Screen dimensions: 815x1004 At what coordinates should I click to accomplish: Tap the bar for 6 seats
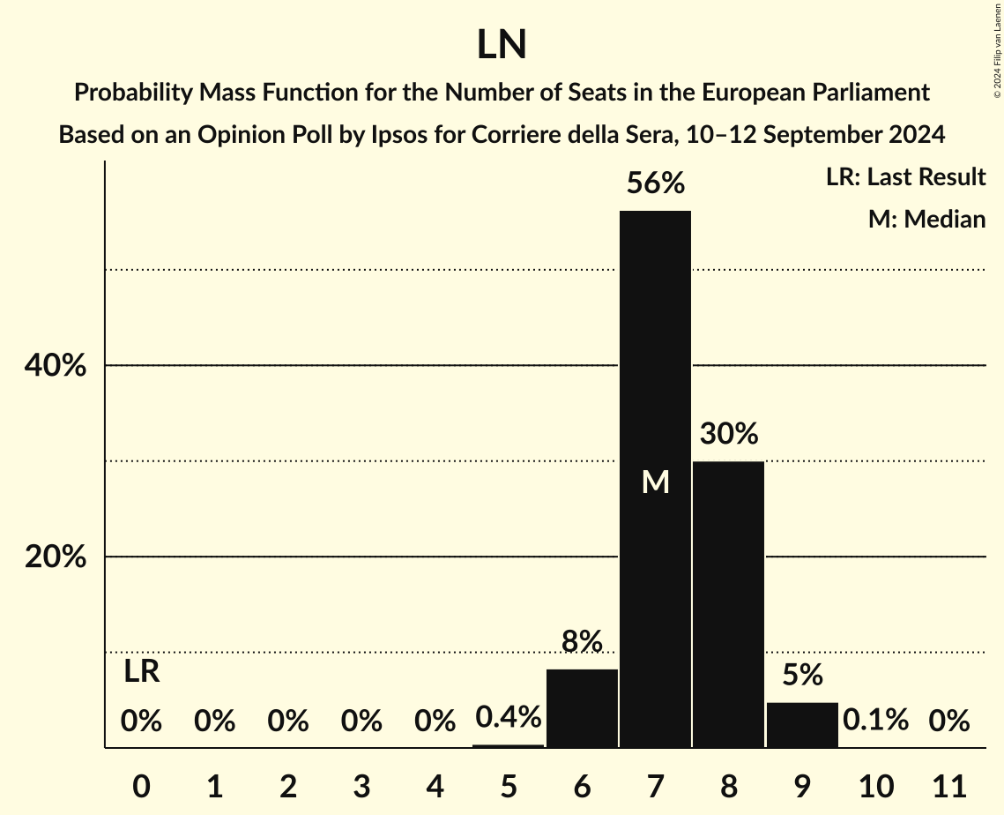pyautogui.click(x=582, y=708)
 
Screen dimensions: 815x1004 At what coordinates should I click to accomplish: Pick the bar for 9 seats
pyautogui.click(x=802, y=725)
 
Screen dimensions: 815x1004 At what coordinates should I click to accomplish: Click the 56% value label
pyautogui.click(x=655, y=183)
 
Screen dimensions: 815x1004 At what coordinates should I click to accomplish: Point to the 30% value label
pyautogui.click(x=729, y=434)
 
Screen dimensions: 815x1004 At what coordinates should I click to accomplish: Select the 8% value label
pyautogui.click(x=582, y=641)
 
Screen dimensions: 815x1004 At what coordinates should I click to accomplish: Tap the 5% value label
pyautogui.click(x=802, y=676)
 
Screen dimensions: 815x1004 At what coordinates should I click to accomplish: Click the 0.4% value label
pyautogui.click(x=509, y=717)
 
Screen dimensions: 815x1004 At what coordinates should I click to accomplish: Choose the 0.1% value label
pyautogui.click(x=875, y=721)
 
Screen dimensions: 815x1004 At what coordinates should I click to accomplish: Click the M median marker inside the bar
pyautogui.click(x=655, y=482)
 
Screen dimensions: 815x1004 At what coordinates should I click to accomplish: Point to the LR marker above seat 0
pyautogui.click(x=141, y=672)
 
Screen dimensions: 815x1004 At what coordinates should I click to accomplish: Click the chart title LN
pyautogui.click(x=502, y=46)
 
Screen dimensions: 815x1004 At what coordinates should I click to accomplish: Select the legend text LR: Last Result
pyautogui.click(x=905, y=177)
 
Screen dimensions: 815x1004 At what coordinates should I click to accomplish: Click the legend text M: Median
pyautogui.click(x=926, y=219)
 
